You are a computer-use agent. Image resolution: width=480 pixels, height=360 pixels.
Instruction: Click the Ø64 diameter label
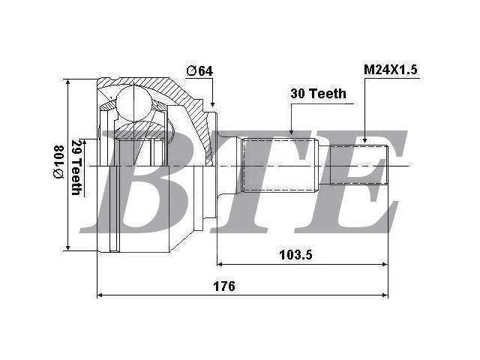pyautogui.click(x=199, y=71)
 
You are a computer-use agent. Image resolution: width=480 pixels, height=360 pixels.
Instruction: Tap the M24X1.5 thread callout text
pyautogui.click(x=391, y=70)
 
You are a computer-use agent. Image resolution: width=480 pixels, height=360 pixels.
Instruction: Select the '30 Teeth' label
pyautogui.click(x=318, y=94)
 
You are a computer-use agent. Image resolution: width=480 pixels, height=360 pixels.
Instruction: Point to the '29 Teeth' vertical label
pyautogui.click(x=76, y=168)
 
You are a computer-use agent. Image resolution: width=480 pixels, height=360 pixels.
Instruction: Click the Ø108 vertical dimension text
pyautogui.click(x=58, y=162)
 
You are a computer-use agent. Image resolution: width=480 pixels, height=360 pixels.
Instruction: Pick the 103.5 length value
pyautogui.click(x=295, y=255)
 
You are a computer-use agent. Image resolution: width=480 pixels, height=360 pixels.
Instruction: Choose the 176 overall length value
pyautogui.click(x=224, y=286)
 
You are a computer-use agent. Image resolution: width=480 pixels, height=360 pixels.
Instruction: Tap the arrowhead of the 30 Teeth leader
pyautogui.click(x=292, y=131)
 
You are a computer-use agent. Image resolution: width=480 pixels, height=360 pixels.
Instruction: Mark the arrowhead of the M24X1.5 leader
pyautogui.click(x=365, y=139)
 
